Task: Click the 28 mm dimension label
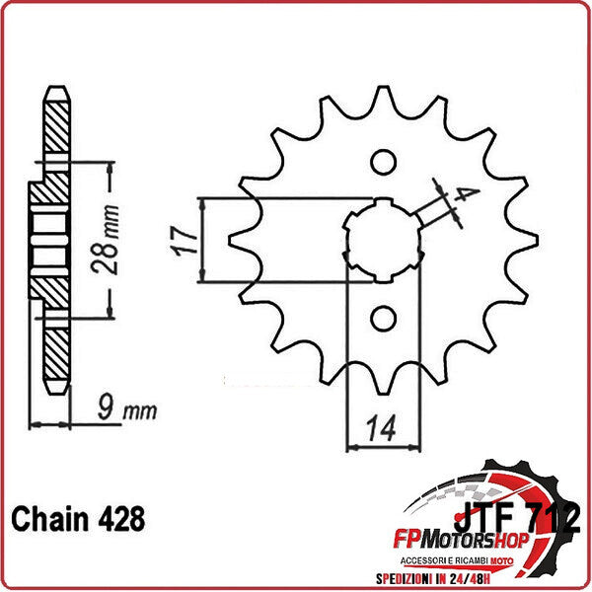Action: pos(111,240)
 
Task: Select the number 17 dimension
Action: pos(180,240)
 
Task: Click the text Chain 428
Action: pos(78,519)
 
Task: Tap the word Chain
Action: pos(47,519)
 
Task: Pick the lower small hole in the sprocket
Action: pos(381,317)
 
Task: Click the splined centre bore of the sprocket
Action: pos(381,240)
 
